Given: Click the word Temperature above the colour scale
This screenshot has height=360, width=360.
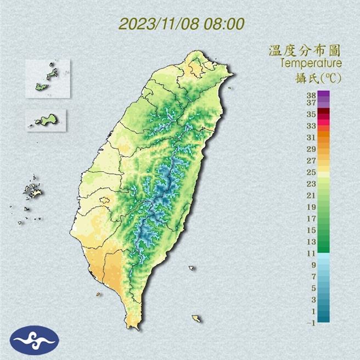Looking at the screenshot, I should [x=311, y=64].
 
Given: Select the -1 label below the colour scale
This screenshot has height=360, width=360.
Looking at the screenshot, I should [x=310, y=323].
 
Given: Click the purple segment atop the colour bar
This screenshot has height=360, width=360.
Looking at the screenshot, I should [x=323, y=97].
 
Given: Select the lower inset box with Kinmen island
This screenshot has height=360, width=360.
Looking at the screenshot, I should [x=46, y=120].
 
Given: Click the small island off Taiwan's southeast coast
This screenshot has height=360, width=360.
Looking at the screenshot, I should [x=196, y=318].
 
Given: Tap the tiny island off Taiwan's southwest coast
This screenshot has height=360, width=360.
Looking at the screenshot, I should [x=99, y=294].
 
